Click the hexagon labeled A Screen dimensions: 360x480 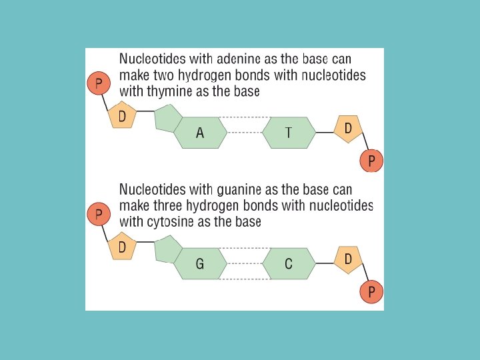click(x=201, y=133)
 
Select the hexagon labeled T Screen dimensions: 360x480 click(x=289, y=133)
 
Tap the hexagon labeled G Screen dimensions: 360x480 click(x=201, y=264)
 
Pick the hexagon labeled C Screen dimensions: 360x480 click(x=289, y=264)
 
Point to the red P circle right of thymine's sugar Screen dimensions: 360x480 click(x=371, y=160)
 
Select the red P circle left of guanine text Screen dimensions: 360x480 click(x=99, y=214)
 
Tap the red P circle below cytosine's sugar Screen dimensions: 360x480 click(x=371, y=291)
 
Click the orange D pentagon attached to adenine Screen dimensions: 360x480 click(x=122, y=115)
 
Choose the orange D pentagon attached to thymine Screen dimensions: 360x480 click(x=348, y=128)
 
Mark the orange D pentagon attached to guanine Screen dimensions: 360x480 click(x=122, y=247)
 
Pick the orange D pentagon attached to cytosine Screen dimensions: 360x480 click(x=348, y=259)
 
